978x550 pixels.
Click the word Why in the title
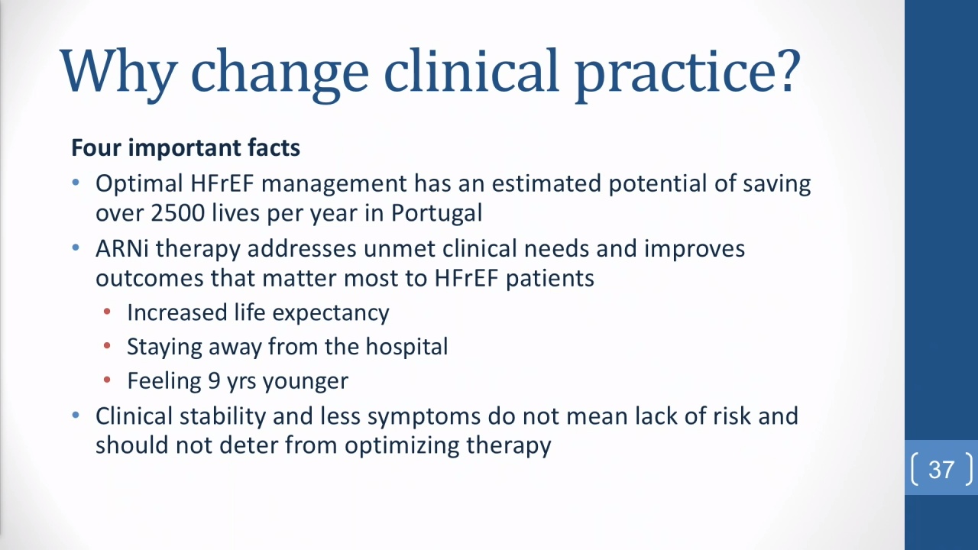118,72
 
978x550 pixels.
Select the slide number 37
941,470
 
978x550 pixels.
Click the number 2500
178,213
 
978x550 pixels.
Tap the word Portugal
436,214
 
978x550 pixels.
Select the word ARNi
122,249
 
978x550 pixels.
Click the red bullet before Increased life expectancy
107,312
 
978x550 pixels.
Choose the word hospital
406,347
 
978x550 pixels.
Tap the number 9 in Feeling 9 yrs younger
214,380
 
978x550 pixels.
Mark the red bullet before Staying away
107,346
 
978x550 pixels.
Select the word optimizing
402,446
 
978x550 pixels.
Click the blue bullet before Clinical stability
76,415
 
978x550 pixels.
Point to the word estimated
546,184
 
